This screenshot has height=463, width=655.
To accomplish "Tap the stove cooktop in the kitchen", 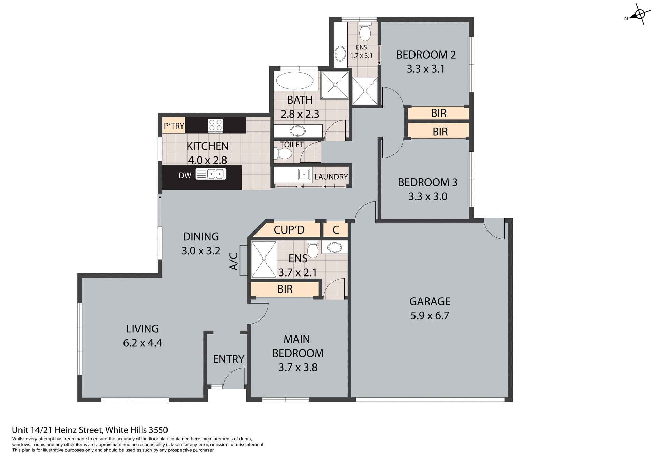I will (x=215, y=125).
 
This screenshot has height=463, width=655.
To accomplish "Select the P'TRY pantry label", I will (x=174, y=126).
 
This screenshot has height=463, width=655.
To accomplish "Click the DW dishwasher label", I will (x=185, y=175).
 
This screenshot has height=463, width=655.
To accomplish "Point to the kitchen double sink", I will (x=216, y=174).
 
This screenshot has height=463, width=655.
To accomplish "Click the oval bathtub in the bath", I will (x=294, y=81).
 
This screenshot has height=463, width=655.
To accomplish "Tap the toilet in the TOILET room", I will (x=283, y=153).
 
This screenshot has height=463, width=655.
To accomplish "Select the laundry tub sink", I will (x=304, y=174).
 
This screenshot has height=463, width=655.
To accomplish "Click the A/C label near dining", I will (x=233, y=261).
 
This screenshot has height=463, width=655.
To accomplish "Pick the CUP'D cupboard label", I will (x=289, y=230).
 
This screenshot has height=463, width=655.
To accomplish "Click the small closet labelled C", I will (x=336, y=230).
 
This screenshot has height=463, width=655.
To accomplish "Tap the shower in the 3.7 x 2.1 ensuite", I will (x=264, y=259).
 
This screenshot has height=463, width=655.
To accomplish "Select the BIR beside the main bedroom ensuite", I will (x=285, y=289).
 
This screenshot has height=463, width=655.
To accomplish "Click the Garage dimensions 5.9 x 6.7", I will (x=430, y=316).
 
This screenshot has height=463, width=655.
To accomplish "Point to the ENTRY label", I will (x=228, y=359).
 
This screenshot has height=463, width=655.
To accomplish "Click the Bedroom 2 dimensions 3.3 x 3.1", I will (x=425, y=69).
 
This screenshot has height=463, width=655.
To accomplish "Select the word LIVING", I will (x=142, y=329).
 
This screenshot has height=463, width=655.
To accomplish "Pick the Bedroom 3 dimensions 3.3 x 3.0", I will (x=427, y=196).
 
